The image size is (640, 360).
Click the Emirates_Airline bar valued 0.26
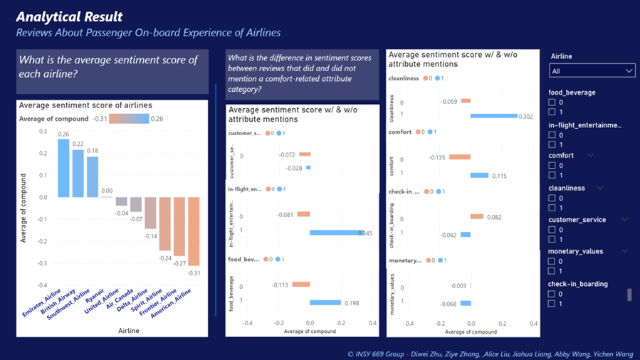coord(63,168)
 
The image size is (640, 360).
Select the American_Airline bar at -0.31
coord(194,231)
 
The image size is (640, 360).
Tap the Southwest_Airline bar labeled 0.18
coord(92,177)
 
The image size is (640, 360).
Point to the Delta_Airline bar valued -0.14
coord(150,213)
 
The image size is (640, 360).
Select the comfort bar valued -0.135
coord(460,157)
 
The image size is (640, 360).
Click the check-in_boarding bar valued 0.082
coord(477,217)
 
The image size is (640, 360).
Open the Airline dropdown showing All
coord(592,71)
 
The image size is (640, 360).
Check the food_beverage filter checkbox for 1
coord(552,112)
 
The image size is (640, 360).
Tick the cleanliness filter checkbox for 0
coord(552,198)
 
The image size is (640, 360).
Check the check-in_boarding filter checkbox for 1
coord(552,304)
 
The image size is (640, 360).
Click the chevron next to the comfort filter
coord(591,156)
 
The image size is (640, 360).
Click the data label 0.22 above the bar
coord(78,144)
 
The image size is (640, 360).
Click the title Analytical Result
coord(69,17)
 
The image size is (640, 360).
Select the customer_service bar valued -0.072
coord(305,154)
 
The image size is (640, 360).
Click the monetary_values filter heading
coord(576,251)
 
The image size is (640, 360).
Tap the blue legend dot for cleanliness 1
coord(438,78)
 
